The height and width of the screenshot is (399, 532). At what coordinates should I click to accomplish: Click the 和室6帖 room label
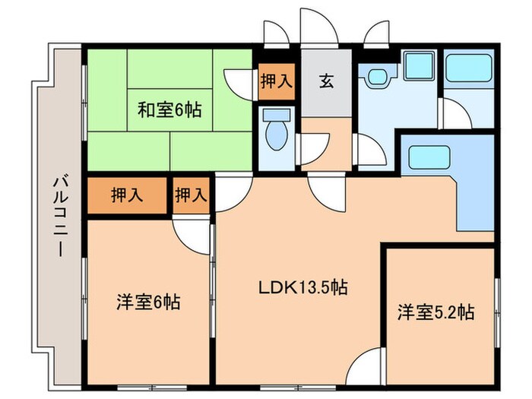pyautogui.click(x=169, y=110)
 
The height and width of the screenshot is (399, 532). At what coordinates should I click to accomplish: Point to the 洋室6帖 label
pyautogui.click(x=148, y=302)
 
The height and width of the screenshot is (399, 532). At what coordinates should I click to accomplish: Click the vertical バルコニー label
pyautogui.click(x=59, y=220)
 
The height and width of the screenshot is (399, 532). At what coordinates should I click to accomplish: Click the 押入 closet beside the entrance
pyautogui.click(x=276, y=81)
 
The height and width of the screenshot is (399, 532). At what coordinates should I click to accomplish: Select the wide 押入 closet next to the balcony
pyautogui.click(x=126, y=195)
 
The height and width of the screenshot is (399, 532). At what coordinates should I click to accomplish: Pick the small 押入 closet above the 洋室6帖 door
pyautogui.click(x=191, y=195)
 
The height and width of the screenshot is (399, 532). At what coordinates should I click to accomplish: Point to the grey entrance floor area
pyautogui.click(x=325, y=87)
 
